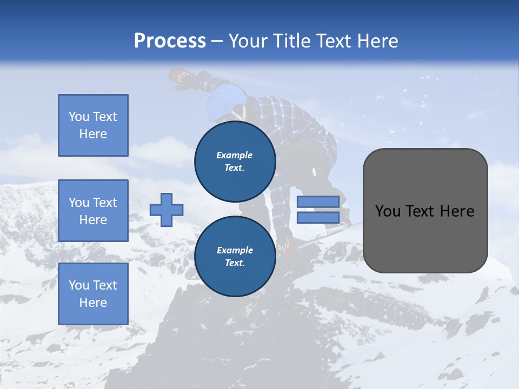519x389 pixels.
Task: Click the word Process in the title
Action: (170, 41)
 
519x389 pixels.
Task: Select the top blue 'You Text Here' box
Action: (93, 125)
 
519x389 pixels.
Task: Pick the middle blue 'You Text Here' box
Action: (93, 211)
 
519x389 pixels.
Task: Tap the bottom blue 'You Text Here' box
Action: (93, 294)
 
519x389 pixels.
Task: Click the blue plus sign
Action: (167, 210)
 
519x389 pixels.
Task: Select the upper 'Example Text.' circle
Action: (235, 162)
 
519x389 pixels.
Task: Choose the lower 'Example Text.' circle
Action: (235, 257)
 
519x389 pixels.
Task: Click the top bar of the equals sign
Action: (318, 202)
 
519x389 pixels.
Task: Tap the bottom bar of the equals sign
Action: (318, 218)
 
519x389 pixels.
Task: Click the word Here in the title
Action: (377, 41)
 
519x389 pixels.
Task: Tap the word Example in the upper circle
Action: (235, 155)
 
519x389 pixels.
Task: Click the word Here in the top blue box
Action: (93, 134)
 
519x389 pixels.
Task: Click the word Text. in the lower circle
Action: (235, 263)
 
